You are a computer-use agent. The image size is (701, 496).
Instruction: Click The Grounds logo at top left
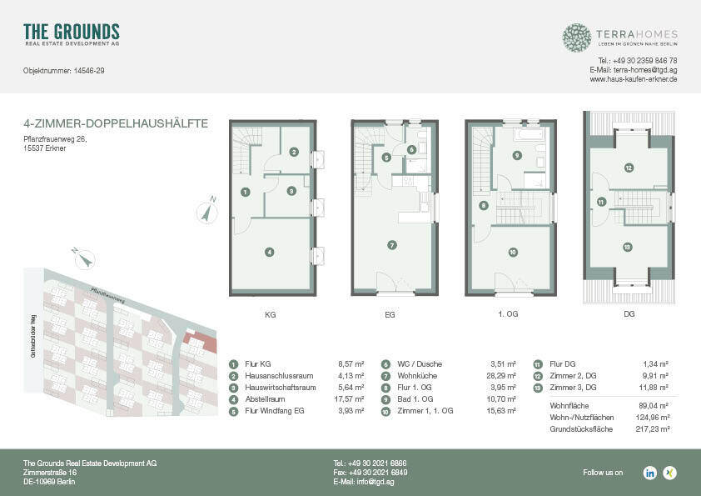(x=72, y=34)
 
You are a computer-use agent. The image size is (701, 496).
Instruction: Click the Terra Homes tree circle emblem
(x=576, y=38)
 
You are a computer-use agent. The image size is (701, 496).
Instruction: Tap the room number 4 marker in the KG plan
(x=270, y=252)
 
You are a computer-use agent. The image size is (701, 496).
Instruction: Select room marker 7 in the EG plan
(x=391, y=244)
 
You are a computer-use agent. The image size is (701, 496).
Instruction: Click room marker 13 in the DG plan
(x=627, y=247)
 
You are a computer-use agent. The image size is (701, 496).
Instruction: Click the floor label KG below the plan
(x=270, y=315)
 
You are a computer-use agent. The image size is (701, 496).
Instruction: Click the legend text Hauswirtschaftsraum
(x=281, y=388)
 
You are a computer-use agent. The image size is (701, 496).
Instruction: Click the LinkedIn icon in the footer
(x=649, y=473)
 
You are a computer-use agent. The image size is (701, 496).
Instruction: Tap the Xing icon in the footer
(x=669, y=473)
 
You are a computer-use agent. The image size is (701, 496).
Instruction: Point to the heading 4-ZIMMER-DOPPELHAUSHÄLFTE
(x=116, y=124)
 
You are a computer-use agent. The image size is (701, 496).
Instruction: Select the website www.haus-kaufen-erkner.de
(x=633, y=79)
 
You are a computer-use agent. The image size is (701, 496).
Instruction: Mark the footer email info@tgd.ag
(x=370, y=483)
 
